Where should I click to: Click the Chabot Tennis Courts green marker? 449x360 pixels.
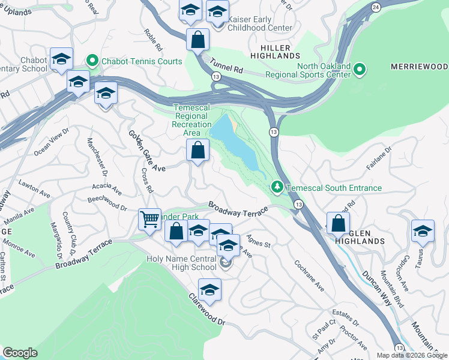click(x=92, y=61)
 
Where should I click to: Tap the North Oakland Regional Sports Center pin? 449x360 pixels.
click(x=359, y=69)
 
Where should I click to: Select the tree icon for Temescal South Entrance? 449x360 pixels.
click(x=277, y=187)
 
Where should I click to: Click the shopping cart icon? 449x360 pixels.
click(x=149, y=219)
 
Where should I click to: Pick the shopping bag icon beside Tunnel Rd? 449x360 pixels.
click(x=197, y=41)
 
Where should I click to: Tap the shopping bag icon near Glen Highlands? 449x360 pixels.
click(x=339, y=223)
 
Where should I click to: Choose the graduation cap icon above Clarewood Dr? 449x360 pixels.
click(x=209, y=290)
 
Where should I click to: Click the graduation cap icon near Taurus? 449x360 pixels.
click(x=423, y=231)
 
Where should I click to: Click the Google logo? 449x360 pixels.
click(x=20, y=353)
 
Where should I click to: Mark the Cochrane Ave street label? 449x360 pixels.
click(x=309, y=275)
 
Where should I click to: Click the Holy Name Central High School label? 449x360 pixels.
click(x=180, y=263)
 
